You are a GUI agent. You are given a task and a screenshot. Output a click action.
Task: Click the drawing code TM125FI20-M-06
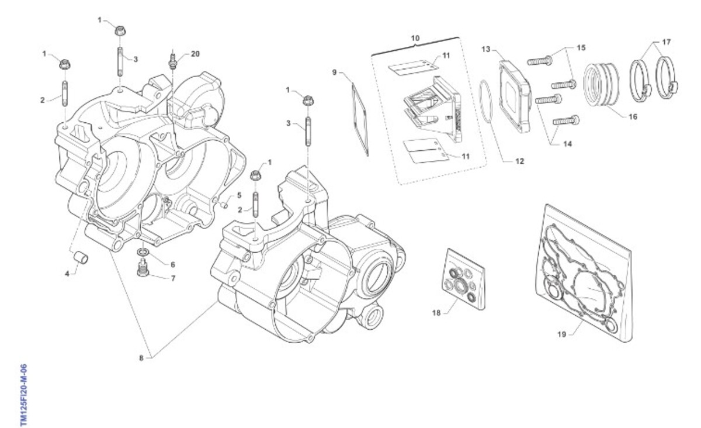[x=24, y=395]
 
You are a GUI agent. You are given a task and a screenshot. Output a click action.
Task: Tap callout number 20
[x=195, y=54]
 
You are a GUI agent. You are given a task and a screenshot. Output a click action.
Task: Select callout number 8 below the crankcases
[x=141, y=358]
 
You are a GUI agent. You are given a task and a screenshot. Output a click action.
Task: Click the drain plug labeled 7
[x=143, y=268]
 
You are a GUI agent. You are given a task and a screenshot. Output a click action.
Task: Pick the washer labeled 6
[x=143, y=252]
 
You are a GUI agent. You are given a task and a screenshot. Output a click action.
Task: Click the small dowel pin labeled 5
[x=224, y=206]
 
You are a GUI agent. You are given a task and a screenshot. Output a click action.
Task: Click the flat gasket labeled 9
[x=360, y=119]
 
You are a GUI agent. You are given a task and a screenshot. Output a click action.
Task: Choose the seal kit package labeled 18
[x=464, y=279]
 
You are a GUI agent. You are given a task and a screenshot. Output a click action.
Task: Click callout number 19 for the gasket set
[x=562, y=334]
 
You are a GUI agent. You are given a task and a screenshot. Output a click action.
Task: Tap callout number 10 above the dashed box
[x=415, y=38]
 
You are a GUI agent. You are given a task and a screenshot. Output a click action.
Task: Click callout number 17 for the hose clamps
[x=667, y=42]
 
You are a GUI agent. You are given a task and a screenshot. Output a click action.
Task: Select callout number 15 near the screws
[x=581, y=47]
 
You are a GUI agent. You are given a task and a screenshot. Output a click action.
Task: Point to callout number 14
[x=567, y=144]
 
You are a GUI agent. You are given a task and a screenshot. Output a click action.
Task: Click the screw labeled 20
[x=173, y=60]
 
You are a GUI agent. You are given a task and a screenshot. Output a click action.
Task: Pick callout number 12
[x=519, y=161]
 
